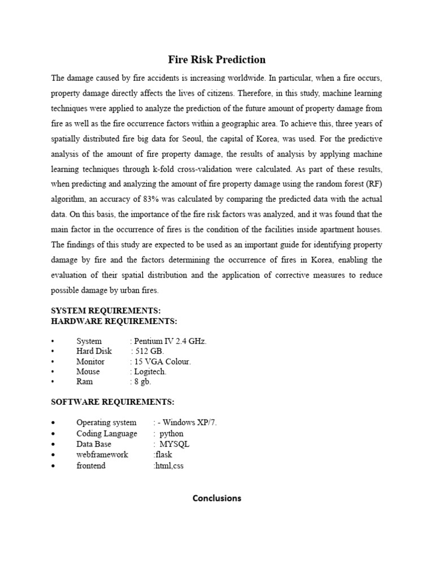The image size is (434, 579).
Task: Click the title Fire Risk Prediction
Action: click(x=216, y=59)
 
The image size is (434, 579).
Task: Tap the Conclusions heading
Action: click(x=216, y=498)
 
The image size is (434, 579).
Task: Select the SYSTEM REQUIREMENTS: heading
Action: click(x=106, y=311)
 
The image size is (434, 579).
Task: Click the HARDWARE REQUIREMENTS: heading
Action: click(x=114, y=321)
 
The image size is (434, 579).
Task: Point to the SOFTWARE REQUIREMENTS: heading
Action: click(x=113, y=402)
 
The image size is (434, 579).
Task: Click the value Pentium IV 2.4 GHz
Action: click(x=170, y=341)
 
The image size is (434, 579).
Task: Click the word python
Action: click(x=171, y=433)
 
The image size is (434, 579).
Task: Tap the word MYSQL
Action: click(x=175, y=444)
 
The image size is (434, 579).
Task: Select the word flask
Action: click(x=164, y=455)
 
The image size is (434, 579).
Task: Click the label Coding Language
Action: click(x=107, y=433)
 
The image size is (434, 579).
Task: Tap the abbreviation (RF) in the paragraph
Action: click(x=373, y=183)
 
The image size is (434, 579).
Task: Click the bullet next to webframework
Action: click(x=53, y=455)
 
